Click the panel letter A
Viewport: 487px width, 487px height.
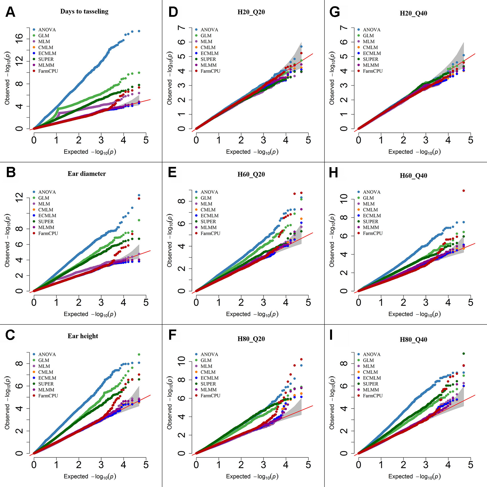click(10, 12)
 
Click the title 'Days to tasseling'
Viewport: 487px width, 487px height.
click(84, 11)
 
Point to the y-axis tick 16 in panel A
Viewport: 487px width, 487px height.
click(19, 38)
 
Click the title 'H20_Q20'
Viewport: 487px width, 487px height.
click(251, 12)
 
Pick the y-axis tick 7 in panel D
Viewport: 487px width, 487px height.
click(181, 28)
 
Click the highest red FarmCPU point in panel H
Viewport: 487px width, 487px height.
click(464, 191)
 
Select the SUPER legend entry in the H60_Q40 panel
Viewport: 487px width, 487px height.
click(370, 221)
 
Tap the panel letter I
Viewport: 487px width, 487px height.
click(331, 335)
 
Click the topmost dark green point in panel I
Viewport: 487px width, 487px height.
click(464, 354)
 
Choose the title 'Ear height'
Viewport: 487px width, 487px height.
click(83, 336)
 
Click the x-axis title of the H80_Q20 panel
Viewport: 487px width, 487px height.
click(252, 476)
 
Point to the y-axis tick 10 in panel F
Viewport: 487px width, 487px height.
click(181, 361)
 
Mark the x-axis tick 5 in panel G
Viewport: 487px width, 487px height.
click(471, 140)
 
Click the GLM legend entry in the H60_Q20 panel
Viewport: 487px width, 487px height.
click(206, 198)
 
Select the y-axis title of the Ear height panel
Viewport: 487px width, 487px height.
click(7, 403)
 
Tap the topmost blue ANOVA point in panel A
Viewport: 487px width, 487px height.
click(139, 31)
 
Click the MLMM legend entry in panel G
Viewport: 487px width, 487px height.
click(371, 65)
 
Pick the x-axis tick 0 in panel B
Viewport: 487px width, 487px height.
click(34, 302)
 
